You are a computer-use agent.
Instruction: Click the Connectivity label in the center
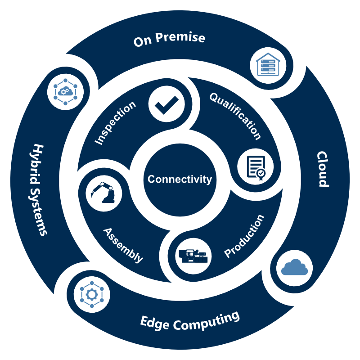[x=180, y=179]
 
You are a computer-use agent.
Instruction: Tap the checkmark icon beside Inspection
[x=166, y=104]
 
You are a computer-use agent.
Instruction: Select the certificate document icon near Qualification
[x=255, y=166]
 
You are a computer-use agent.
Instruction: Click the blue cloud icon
[x=294, y=268]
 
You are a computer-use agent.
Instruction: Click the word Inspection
[x=116, y=123]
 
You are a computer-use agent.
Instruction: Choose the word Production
[x=244, y=237]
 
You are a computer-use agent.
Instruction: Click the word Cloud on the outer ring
[x=323, y=169]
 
